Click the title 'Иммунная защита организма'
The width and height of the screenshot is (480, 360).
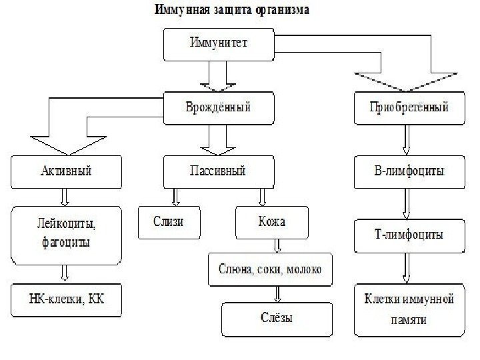click(x=232, y=11)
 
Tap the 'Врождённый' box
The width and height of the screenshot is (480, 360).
click(x=219, y=107)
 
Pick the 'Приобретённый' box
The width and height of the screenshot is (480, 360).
click(x=408, y=107)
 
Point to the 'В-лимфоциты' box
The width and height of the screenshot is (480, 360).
click(x=408, y=171)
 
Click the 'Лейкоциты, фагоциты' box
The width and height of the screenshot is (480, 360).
click(x=65, y=234)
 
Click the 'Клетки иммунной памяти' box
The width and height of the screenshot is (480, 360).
click(x=408, y=310)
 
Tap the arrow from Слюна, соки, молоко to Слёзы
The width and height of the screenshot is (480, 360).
click(x=277, y=294)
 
